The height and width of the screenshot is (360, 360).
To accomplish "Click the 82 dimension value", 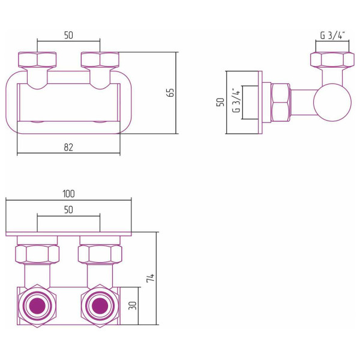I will pos(68,148).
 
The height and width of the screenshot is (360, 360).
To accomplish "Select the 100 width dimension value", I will pos(68,193).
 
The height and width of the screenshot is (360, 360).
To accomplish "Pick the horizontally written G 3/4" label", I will pos(332,35).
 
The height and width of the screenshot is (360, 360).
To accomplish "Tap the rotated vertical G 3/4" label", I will pos(236,103).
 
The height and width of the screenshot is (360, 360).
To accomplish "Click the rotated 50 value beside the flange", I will pos(220,103).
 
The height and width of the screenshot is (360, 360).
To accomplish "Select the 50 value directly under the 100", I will pos(68,209).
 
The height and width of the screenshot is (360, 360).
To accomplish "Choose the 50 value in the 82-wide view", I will pos(68,35).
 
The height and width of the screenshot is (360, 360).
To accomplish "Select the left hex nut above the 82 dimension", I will pos(37,59).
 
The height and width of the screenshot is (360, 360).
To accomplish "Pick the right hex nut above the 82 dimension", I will pos(100,59).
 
